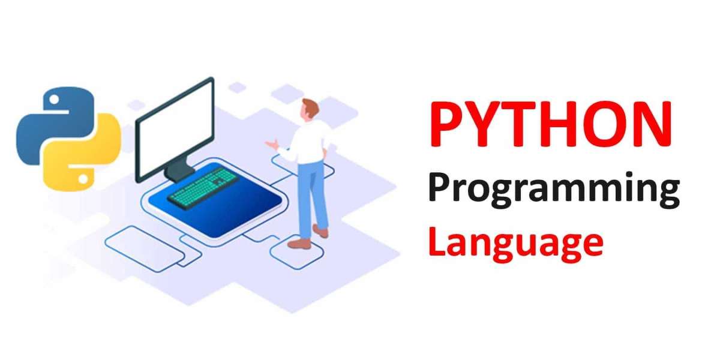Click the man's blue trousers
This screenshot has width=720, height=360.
point(312,192)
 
